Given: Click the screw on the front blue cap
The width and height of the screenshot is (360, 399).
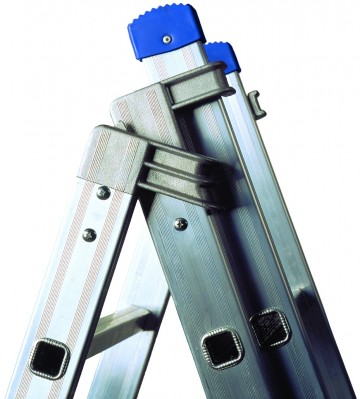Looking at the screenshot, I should tap(166, 39).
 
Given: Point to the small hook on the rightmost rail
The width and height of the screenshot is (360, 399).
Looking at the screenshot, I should tap(256, 103).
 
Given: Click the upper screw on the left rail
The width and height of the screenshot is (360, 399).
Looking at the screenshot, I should tap(104, 192).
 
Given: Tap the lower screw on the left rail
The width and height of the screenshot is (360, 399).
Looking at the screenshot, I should tap(89, 235).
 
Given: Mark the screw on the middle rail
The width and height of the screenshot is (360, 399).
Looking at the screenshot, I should tap(180, 224).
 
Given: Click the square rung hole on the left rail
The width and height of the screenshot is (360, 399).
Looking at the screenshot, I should tap(48, 355).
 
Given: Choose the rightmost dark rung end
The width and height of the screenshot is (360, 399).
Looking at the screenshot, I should tap(268, 327).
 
